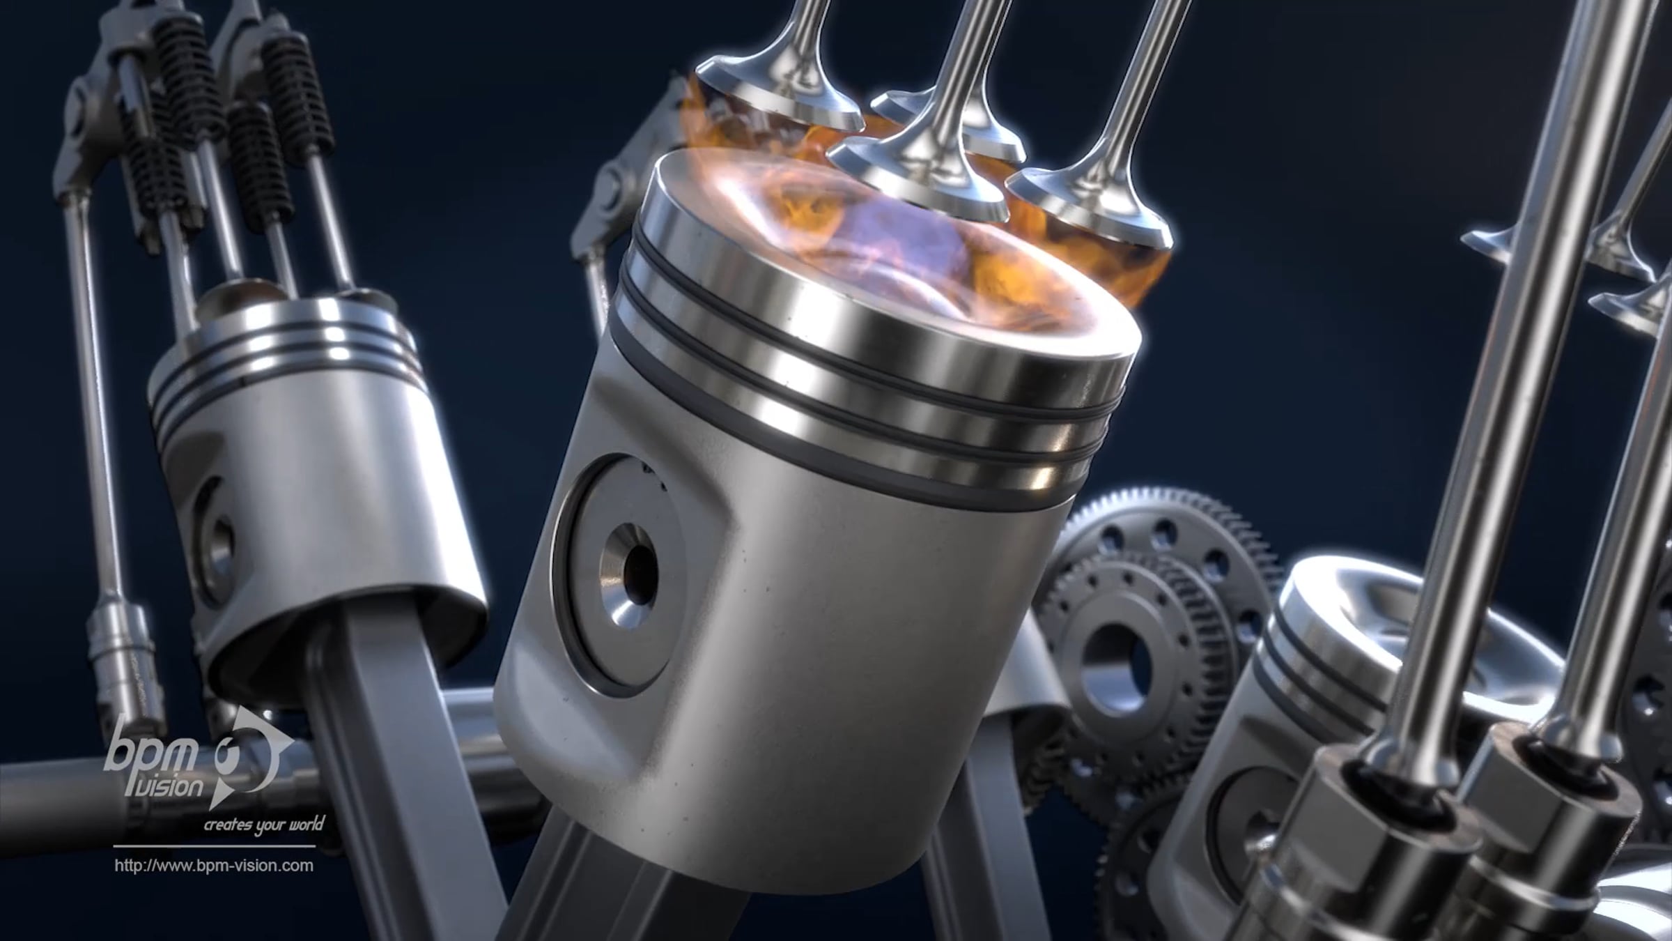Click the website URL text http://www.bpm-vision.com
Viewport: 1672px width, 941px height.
tap(214, 866)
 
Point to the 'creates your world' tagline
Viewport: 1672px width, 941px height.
tap(263, 825)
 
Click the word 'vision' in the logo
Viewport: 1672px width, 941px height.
tap(170, 786)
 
